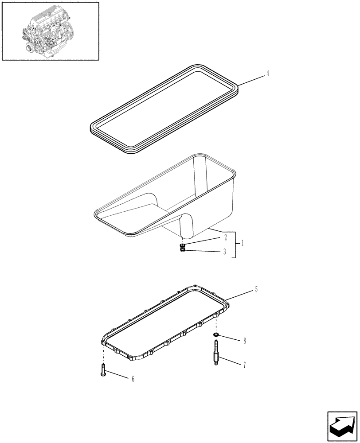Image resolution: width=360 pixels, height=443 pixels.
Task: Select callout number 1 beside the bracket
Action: click(x=242, y=243)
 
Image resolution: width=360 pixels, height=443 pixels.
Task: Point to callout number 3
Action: click(x=225, y=252)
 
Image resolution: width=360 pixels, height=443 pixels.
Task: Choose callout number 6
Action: click(x=133, y=379)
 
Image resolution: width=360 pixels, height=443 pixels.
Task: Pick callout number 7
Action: click(x=244, y=365)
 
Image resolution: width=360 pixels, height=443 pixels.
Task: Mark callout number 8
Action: click(x=244, y=341)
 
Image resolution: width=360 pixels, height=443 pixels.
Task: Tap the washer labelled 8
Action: click(x=216, y=336)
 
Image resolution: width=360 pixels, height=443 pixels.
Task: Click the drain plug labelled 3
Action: click(x=183, y=252)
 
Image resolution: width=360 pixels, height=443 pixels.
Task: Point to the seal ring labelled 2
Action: click(x=183, y=245)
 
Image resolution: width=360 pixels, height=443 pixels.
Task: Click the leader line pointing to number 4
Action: click(x=250, y=80)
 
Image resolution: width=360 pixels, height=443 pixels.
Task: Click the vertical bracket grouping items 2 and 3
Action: click(x=235, y=245)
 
